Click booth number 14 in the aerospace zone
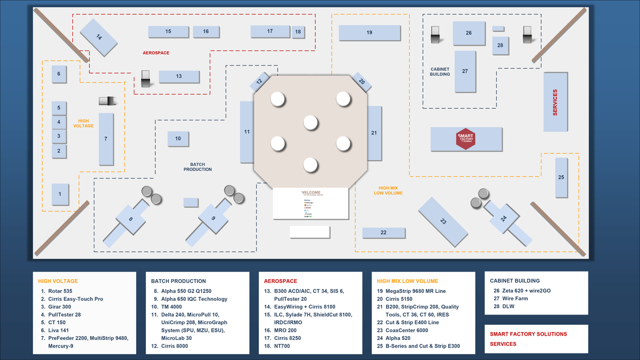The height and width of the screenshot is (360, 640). pos(99,37)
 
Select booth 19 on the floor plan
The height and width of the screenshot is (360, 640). pos(369,33)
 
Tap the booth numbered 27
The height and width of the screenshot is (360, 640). pos(465,71)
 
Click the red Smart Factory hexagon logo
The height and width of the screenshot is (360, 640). pos(466,139)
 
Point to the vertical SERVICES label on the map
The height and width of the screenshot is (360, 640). pos(555,102)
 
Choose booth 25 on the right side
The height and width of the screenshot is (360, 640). pos(561,177)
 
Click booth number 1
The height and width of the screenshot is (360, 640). pos(60,193)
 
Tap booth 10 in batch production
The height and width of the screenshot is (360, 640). pos(178,139)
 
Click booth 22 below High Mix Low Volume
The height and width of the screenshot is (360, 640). pos(383,233)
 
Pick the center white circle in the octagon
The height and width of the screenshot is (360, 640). pos(310,123)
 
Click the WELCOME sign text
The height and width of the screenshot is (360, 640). pos(311,192)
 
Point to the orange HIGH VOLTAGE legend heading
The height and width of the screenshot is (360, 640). pos(58,281)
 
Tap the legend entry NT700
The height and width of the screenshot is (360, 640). pos(283,346)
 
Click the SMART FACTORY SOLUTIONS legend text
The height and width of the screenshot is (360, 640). pos(528,334)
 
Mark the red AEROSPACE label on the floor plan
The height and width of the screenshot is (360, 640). pos(156,53)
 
